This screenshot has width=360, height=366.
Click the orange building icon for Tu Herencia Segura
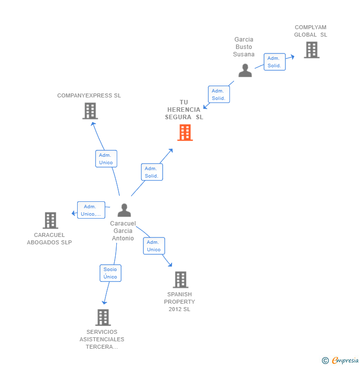pos(185,133)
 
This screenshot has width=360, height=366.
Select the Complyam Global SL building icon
pos(312,50)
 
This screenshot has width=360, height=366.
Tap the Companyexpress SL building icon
pos(90,111)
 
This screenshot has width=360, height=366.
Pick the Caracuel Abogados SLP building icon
pos(50,221)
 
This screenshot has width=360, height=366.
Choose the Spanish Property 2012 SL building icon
pos(180,280)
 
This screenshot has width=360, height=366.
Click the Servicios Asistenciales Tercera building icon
pos(103,318)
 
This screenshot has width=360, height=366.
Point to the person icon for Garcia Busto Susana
pos(245,70)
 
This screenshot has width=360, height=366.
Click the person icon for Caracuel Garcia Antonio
pos(124,211)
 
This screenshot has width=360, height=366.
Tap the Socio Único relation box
pos(110,273)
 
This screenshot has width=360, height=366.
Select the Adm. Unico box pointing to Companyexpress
pos(106,159)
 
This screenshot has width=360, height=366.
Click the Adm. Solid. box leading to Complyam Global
pos(274,62)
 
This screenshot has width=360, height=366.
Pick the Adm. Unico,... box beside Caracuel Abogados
pos(91,210)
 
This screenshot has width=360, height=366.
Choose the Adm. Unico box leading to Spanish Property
pos(154,246)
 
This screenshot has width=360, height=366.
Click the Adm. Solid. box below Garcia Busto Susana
pos(219,94)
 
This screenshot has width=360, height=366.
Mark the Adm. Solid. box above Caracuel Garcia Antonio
pos(152,172)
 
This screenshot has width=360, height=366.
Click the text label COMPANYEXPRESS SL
pos(89,95)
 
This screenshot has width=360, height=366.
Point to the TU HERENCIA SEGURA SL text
pos(184,110)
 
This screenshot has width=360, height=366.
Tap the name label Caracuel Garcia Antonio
pos(123,231)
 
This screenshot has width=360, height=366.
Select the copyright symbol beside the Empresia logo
pos(325,361)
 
